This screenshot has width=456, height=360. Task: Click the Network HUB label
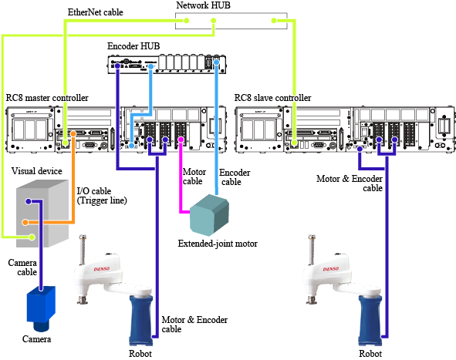point(203,5)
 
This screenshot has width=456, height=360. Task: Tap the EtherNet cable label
point(96,12)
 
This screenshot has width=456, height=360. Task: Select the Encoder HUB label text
point(133,46)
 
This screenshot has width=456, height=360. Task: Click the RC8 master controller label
point(47,98)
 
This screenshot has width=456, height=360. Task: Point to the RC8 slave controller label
point(273,98)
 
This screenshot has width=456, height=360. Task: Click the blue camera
point(41,308)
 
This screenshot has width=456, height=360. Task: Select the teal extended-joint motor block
point(209,215)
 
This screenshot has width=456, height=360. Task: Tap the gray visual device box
point(42,214)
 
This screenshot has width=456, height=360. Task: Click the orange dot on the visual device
point(25,223)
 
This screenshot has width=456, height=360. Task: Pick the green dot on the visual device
point(32,237)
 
